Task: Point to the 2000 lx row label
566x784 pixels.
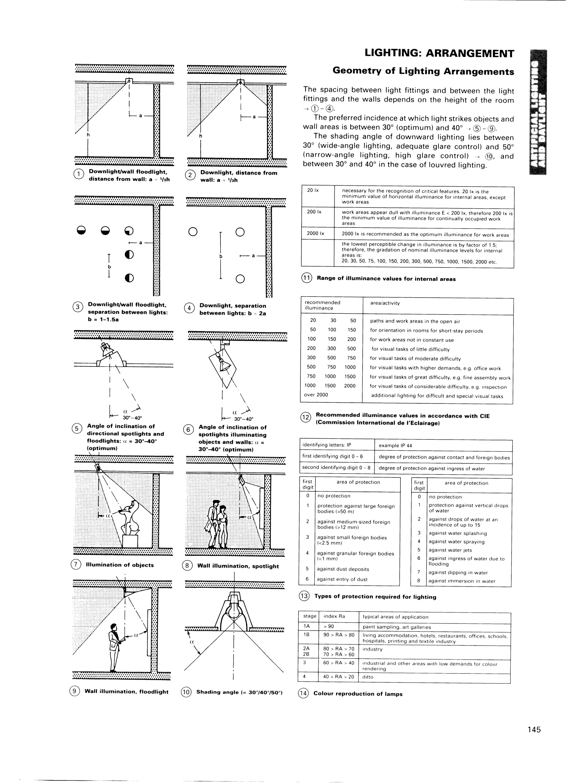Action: [x=315, y=233]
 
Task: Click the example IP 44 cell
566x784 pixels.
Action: [x=395, y=445]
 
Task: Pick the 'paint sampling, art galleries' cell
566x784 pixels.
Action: [x=397, y=627]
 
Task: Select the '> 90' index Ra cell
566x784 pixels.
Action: [x=329, y=626]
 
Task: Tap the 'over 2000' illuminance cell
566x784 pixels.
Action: [x=316, y=395]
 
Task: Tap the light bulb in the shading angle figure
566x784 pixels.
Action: [x=234, y=610]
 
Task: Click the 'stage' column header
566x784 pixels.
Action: [x=310, y=616]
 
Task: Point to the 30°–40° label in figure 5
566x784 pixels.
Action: [x=132, y=417]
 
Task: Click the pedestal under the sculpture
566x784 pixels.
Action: [x=130, y=541]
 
